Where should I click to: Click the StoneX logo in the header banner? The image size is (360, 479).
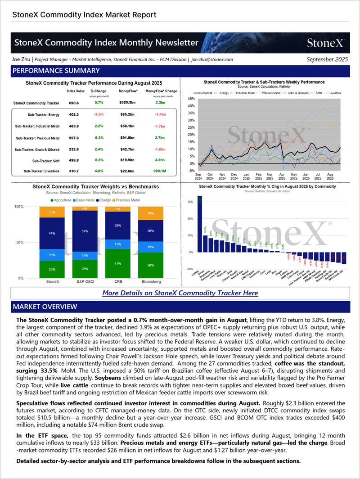[x=326, y=43]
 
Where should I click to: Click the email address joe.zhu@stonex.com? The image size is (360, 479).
[x=212, y=59]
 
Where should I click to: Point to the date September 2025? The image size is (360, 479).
[x=327, y=59]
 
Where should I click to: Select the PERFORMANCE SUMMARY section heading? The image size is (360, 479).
[x=56, y=71]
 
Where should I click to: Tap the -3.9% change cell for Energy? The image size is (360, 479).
[x=99, y=115]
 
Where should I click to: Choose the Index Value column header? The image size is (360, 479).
[x=76, y=91]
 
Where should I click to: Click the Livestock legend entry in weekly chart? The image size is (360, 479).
[x=334, y=93]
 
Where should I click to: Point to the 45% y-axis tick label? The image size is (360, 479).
[x=191, y=99]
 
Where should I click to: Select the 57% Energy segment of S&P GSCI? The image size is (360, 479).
[x=85, y=231]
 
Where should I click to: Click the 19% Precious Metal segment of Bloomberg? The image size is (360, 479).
[x=150, y=213]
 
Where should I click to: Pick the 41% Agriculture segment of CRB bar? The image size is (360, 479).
[x=117, y=263]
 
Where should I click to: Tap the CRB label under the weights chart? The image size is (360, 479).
[x=118, y=281]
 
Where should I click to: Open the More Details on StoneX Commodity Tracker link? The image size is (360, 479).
[x=180, y=293]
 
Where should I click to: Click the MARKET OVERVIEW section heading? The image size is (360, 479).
[x=45, y=307]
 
